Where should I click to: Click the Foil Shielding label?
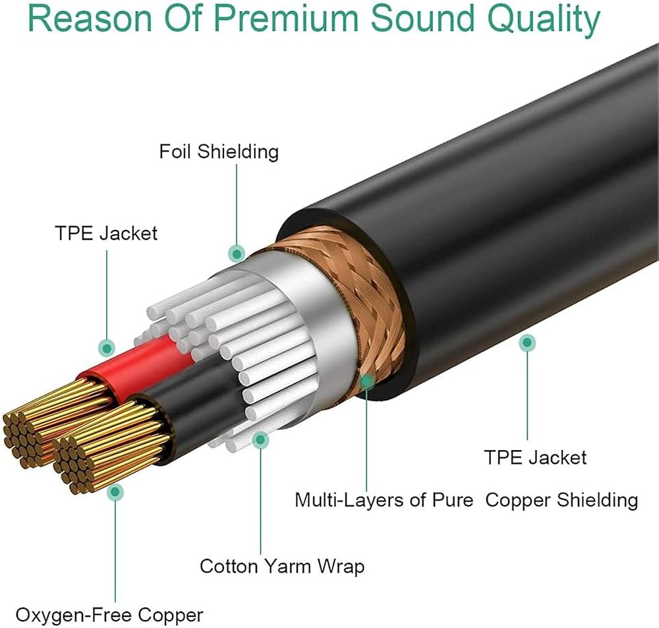click(x=219, y=152)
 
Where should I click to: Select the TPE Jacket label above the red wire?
click(x=106, y=233)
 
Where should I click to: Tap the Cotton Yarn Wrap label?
click(x=282, y=566)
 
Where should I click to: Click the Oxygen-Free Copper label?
click(x=109, y=615)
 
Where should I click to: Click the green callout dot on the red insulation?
click(x=106, y=347)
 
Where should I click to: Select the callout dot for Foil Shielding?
click(x=237, y=252)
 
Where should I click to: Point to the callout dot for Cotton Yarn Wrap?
click(x=261, y=438)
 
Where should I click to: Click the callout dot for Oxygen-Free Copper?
click(x=115, y=490)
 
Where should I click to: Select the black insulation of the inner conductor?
click(x=191, y=395)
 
